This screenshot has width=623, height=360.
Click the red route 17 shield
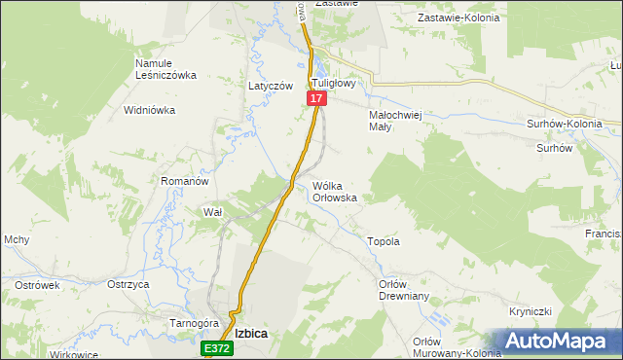[x=316, y=99]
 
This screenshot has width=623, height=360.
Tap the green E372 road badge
[x=218, y=347]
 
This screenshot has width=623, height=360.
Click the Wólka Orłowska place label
[x=334, y=191]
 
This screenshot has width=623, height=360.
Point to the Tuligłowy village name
[x=336, y=84]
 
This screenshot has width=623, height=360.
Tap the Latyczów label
[x=271, y=86]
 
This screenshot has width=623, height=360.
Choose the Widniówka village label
[x=149, y=110]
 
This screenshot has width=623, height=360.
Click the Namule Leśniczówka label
[x=166, y=69]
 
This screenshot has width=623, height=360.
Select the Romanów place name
[x=185, y=181]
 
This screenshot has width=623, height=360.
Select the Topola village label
[x=383, y=241]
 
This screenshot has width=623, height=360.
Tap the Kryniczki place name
[x=531, y=311]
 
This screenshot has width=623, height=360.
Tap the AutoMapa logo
[x=559, y=342]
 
